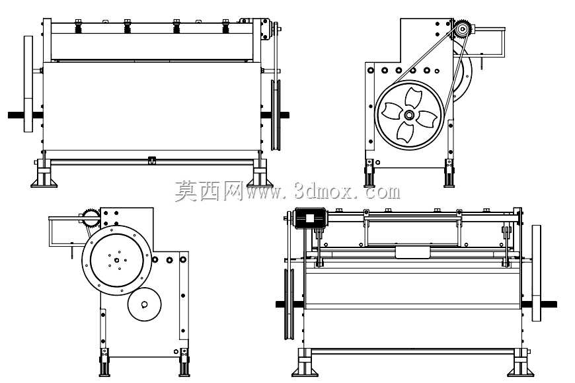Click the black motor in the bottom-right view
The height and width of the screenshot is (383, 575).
310,218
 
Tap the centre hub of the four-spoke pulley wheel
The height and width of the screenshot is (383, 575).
409,115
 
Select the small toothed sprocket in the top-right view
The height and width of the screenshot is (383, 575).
463,28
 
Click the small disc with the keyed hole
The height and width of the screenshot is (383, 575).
145,304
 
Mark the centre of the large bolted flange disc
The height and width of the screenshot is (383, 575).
116,260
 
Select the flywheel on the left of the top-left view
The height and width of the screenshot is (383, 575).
28,83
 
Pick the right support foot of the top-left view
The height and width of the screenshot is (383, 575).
260,173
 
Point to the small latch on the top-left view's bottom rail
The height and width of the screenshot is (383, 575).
151,160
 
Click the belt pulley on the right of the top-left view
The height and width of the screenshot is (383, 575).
276,115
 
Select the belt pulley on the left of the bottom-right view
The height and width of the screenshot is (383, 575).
289,304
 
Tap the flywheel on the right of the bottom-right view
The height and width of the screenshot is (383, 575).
536,273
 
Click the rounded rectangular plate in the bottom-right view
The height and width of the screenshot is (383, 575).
412,253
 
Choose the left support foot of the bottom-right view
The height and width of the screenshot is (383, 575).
305,362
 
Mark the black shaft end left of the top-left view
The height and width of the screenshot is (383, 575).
16,115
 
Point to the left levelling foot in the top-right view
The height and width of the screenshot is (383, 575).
369,173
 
